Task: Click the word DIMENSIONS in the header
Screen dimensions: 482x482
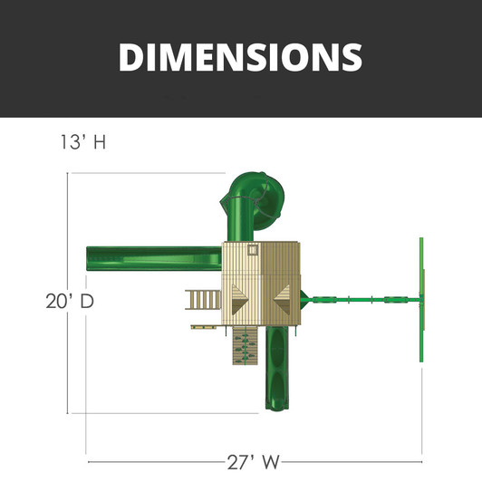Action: [x=240, y=57]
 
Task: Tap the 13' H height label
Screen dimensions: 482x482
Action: [x=83, y=142]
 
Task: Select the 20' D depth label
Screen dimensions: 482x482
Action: [x=70, y=301]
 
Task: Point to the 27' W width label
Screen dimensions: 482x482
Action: [x=254, y=462]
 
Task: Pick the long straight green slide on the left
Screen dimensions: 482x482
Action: [x=154, y=258]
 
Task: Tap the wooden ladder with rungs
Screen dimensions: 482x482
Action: [x=203, y=299]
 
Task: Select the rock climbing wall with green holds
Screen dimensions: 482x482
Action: [x=245, y=345]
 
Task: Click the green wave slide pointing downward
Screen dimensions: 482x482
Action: [x=277, y=368]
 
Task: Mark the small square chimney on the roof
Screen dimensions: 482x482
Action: [x=253, y=250]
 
